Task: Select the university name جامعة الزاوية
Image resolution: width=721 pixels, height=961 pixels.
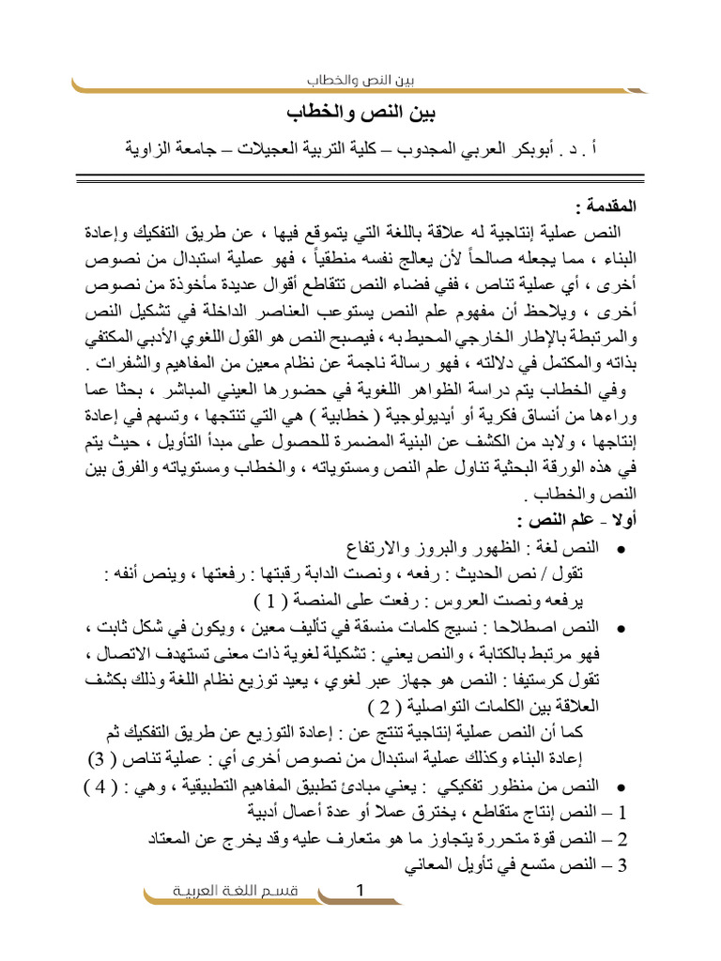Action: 176,147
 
